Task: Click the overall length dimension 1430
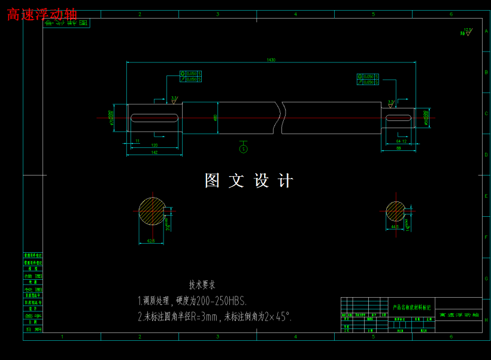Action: tap(271, 60)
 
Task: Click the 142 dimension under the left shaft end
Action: tap(154, 153)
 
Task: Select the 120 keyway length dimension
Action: tap(154, 146)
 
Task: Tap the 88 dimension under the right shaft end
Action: tap(399, 149)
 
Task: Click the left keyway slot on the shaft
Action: tap(154, 118)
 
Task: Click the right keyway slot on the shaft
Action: tap(399, 118)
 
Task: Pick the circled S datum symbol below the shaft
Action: tap(243, 149)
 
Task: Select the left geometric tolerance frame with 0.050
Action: tap(190, 76)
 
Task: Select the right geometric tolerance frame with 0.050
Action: tap(368, 79)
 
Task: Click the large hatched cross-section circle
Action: tap(152, 211)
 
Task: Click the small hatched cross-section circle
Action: tap(395, 211)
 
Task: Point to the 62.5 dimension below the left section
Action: tap(151, 241)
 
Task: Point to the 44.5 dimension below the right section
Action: tap(394, 227)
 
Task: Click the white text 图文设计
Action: tap(249, 181)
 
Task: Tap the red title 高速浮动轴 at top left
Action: tap(42, 14)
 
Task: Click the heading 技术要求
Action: tap(202, 285)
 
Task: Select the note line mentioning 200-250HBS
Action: tap(192, 301)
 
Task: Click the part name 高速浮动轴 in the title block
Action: tap(459, 314)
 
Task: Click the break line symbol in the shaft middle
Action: tap(280, 117)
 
